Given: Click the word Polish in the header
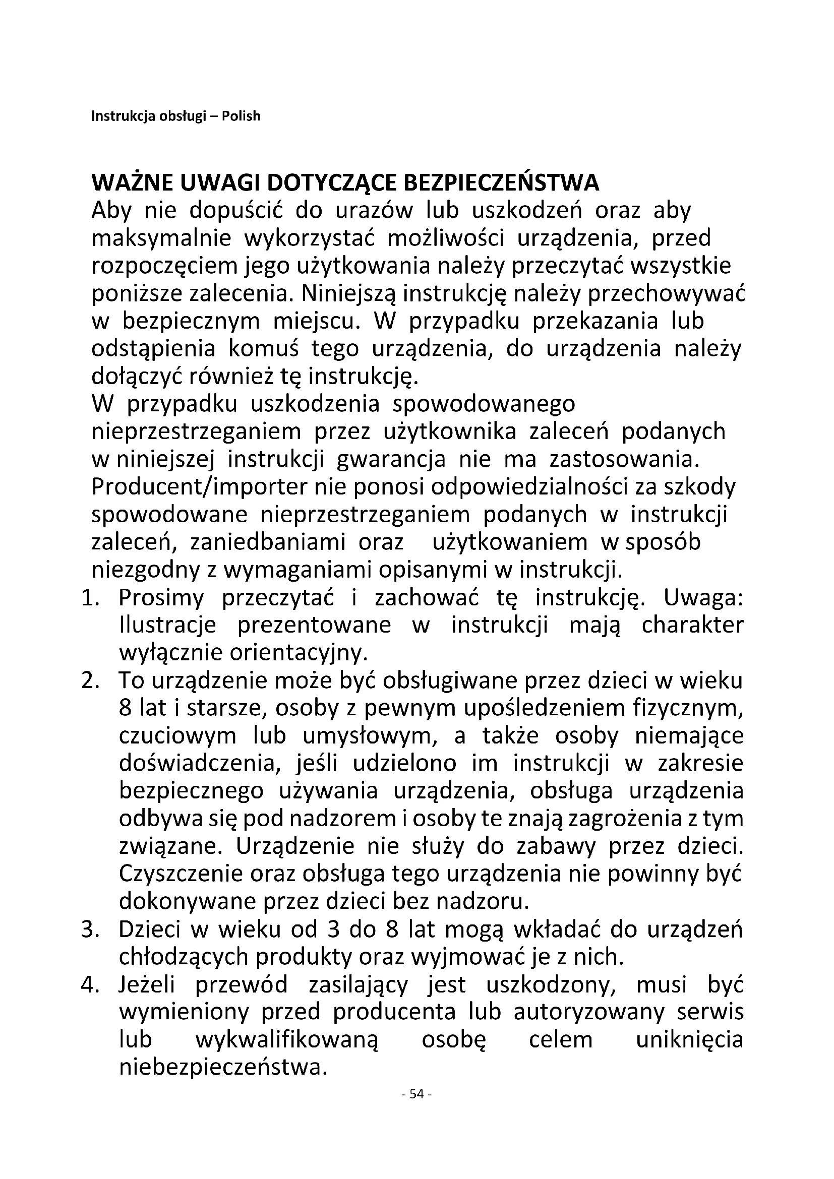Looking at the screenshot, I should (241, 116).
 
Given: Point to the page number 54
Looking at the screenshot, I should (417, 1108).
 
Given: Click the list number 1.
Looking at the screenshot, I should (90, 598).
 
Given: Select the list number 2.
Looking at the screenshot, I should (90, 681).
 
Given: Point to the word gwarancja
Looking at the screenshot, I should (391, 460).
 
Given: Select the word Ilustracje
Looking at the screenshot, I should (167, 626).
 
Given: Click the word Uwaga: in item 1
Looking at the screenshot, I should (703, 598).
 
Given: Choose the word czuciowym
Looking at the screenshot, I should (177, 737).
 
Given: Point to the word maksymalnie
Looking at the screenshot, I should (161, 239).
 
